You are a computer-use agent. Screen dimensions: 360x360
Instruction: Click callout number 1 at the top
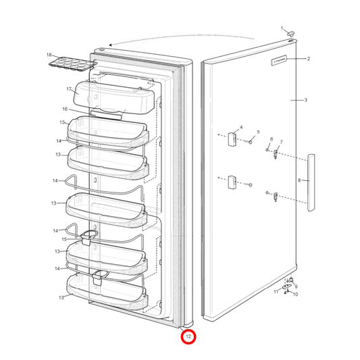pyautogui.click(x=282, y=28)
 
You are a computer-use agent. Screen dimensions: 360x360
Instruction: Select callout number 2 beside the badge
pyautogui.click(x=308, y=59)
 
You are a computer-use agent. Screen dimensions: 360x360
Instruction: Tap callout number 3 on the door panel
pyautogui.click(x=305, y=100)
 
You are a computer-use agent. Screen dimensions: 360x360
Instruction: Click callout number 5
pyautogui.click(x=257, y=132)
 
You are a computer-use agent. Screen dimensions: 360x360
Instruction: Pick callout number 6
pyautogui.click(x=272, y=140)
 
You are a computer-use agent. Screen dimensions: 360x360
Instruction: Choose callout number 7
pyautogui.click(x=281, y=143)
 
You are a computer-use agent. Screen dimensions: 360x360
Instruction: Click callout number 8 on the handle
pyautogui.click(x=299, y=180)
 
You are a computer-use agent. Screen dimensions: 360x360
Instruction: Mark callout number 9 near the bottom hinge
pyautogui.click(x=295, y=287)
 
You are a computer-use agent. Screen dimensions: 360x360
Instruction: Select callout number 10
pyautogui.click(x=295, y=294)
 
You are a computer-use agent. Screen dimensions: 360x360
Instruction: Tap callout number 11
pyautogui.click(x=276, y=292)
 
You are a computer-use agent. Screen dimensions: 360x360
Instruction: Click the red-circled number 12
pyautogui.click(x=188, y=336)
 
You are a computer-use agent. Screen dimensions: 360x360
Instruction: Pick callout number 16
pyautogui.click(x=65, y=109)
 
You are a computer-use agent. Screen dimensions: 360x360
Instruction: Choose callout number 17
pyautogui.click(x=69, y=89)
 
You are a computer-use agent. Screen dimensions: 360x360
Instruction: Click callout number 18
pyautogui.click(x=49, y=54)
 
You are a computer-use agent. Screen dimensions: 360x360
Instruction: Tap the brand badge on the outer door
pyautogui.click(x=280, y=60)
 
